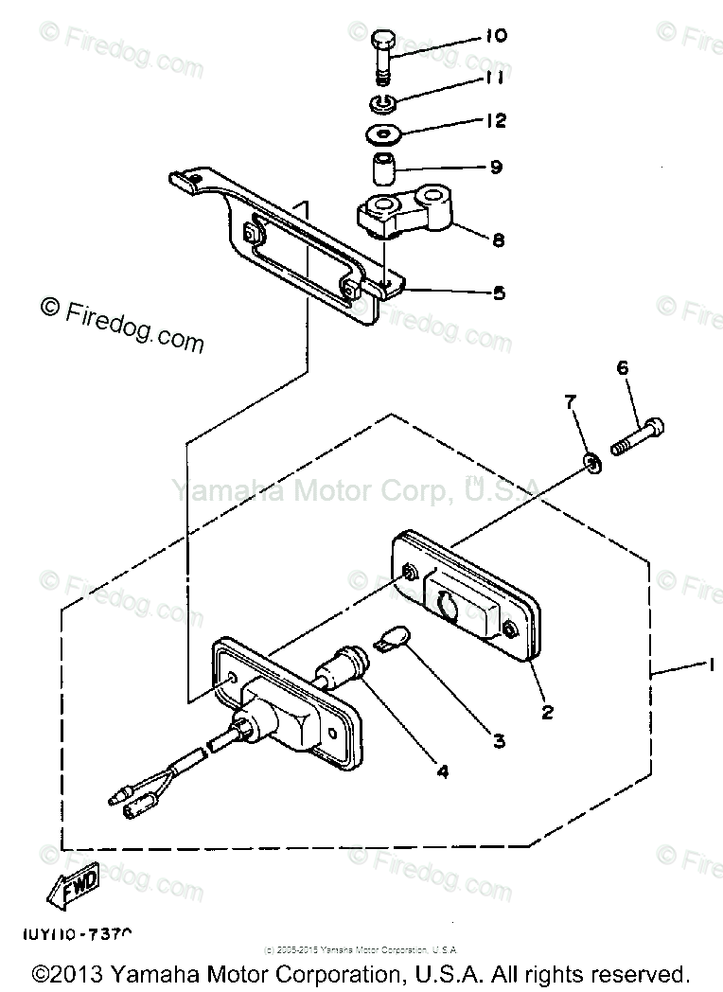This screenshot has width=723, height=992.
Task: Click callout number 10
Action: pyautogui.click(x=496, y=37)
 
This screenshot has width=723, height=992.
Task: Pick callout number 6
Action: pyautogui.click(x=622, y=366)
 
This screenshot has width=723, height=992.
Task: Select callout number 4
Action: pyautogui.click(x=441, y=771)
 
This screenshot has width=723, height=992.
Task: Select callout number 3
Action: pyautogui.click(x=499, y=741)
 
